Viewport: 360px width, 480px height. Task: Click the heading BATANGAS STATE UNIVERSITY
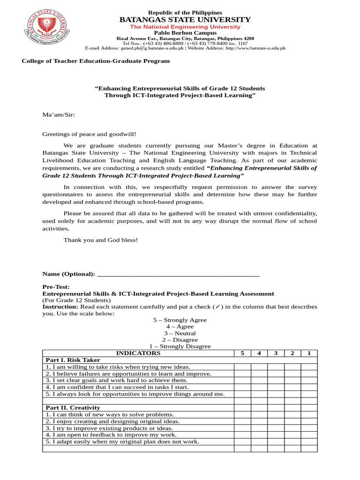point(185,19)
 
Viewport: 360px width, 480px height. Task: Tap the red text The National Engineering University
point(185,27)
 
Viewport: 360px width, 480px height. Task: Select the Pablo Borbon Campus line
point(185,33)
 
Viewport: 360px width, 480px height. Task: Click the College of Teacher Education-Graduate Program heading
point(96,61)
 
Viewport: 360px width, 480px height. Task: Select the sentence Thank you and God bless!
point(101,240)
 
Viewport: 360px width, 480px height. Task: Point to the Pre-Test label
point(56,287)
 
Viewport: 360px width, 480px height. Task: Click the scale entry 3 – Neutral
point(180,333)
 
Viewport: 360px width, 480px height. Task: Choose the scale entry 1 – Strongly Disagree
point(180,346)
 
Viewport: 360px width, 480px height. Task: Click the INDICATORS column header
point(138,353)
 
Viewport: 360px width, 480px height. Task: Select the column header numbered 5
point(242,353)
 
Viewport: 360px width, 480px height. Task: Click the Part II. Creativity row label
point(73,408)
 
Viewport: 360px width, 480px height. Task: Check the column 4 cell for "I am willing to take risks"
point(259,367)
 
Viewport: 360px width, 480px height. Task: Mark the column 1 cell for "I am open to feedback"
point(308,435)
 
